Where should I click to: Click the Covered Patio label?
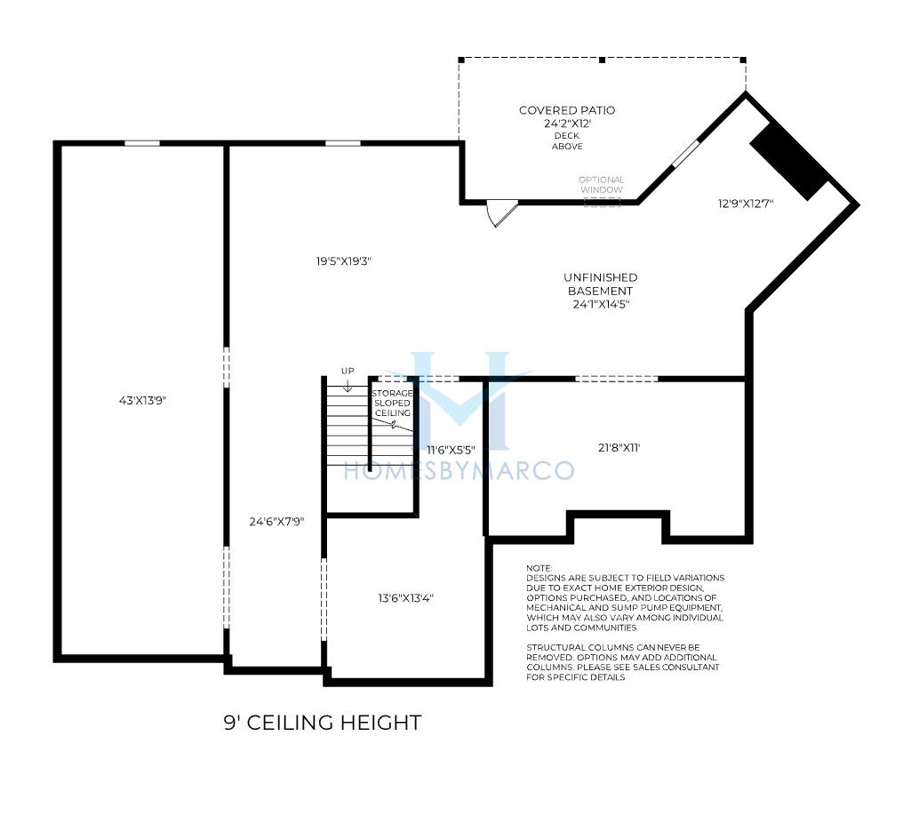click(x=567, y=110)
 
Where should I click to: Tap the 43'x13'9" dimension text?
click(x=143, y=401)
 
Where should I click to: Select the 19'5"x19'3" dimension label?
click(x=344, y=261)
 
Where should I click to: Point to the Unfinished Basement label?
click(x=600, y=284)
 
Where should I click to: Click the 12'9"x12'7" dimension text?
click(x=746, y=204)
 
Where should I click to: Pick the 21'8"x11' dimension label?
click(x=619, y=448)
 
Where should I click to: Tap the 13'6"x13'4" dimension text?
click(x=405, y=598)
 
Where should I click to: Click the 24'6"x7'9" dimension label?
click(x=276, y=521)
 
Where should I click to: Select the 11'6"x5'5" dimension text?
click(x=451, y=451)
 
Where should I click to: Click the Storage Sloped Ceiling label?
click(x=393, y=404)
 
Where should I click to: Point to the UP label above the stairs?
click(x=348, y=372)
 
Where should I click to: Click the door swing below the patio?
click(x=502, y=212)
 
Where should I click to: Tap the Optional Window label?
click(x=602, y=185)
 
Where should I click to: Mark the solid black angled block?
click(x=789, y=161)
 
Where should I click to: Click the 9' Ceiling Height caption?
click(x=323, y=723)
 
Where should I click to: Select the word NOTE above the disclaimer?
click(x=539, y=568)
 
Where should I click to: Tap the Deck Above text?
click(x=567, y=140)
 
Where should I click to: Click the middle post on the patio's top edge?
click(x=602, y=60)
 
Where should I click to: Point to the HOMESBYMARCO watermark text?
click(x=459, y=471)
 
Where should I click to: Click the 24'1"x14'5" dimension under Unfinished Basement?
click(x=601, y=304)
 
